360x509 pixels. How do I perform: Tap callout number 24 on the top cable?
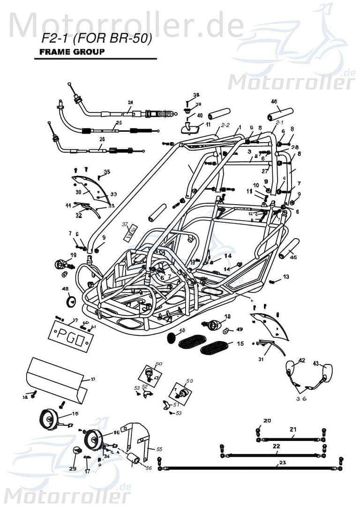click(x=130, y=102)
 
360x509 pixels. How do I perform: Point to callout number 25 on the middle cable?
click(x=119, y=123)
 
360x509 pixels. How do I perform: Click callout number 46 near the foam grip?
click(x=274, y=101)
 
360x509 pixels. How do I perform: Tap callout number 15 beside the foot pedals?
click(x=240, y=344)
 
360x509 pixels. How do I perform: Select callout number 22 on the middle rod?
click(x=277, y=446)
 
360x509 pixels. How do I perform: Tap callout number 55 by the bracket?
click(x=159, y=449)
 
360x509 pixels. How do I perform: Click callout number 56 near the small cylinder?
click(x=149, y=468)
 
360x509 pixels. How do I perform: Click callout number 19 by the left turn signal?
click(x=73, y=255)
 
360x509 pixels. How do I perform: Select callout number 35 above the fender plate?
click(x=107, y=173)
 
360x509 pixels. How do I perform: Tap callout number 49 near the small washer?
click(x=239, y=329)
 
